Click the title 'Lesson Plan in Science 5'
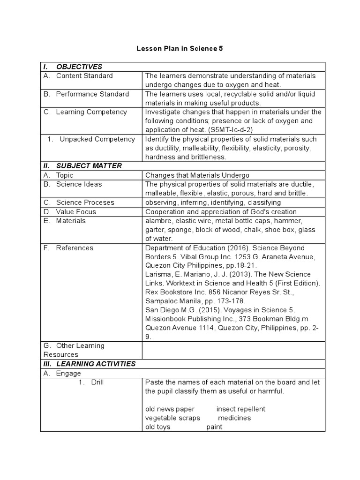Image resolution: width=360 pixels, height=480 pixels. pos(180,48)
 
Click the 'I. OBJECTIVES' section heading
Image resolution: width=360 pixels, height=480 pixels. pos(79,67)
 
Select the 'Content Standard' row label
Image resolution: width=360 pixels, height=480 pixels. pos(84,76)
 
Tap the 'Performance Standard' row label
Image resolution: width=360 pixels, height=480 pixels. pos(92,94)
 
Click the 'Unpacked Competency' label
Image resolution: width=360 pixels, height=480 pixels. pos(97,139)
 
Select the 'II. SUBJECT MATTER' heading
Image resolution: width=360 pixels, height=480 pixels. pos(89,166)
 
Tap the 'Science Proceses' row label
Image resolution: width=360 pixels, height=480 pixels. pos(85,202)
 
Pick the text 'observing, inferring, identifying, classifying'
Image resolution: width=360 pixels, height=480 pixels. pos(213,202)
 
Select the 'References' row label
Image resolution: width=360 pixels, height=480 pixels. pos(75,248)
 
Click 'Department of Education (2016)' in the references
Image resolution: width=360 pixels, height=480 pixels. pos(195,248)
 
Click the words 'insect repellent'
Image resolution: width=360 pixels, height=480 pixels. pos(240,409)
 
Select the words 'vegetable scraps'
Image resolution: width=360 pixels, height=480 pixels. pos(172,418)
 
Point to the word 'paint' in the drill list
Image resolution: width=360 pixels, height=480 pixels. pos(214,427)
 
